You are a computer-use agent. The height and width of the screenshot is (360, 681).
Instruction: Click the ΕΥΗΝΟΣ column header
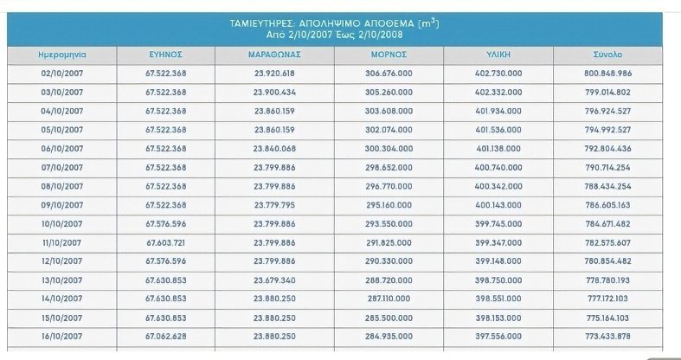165,54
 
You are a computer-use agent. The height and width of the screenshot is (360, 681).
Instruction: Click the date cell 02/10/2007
62,73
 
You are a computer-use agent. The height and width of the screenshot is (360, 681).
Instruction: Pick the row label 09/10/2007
62,204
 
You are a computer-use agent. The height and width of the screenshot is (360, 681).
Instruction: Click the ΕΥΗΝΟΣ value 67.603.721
166,241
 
